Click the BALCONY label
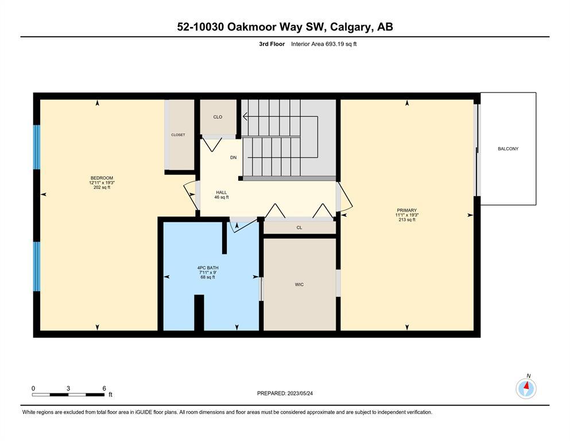click(508, 149)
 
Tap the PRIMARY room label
click(407, 210)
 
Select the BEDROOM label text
click(102, 178)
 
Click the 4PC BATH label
click(208, 268)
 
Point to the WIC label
click(299, 284)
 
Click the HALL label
click(222, 192)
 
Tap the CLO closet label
click(218, 117)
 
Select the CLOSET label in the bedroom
click(178, 134)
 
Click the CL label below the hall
click(299, 227)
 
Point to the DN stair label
click(234, 157)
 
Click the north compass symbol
click(526, 388)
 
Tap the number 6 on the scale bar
click(104, 388)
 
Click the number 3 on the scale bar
click(68, 388)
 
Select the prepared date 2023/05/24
click(300, 393)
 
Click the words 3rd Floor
click(272, 44)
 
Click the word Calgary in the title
click(351, 27)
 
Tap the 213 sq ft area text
click(407, 219)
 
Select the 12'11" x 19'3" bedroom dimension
click(102, 183)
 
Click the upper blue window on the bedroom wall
click(37, 147)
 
